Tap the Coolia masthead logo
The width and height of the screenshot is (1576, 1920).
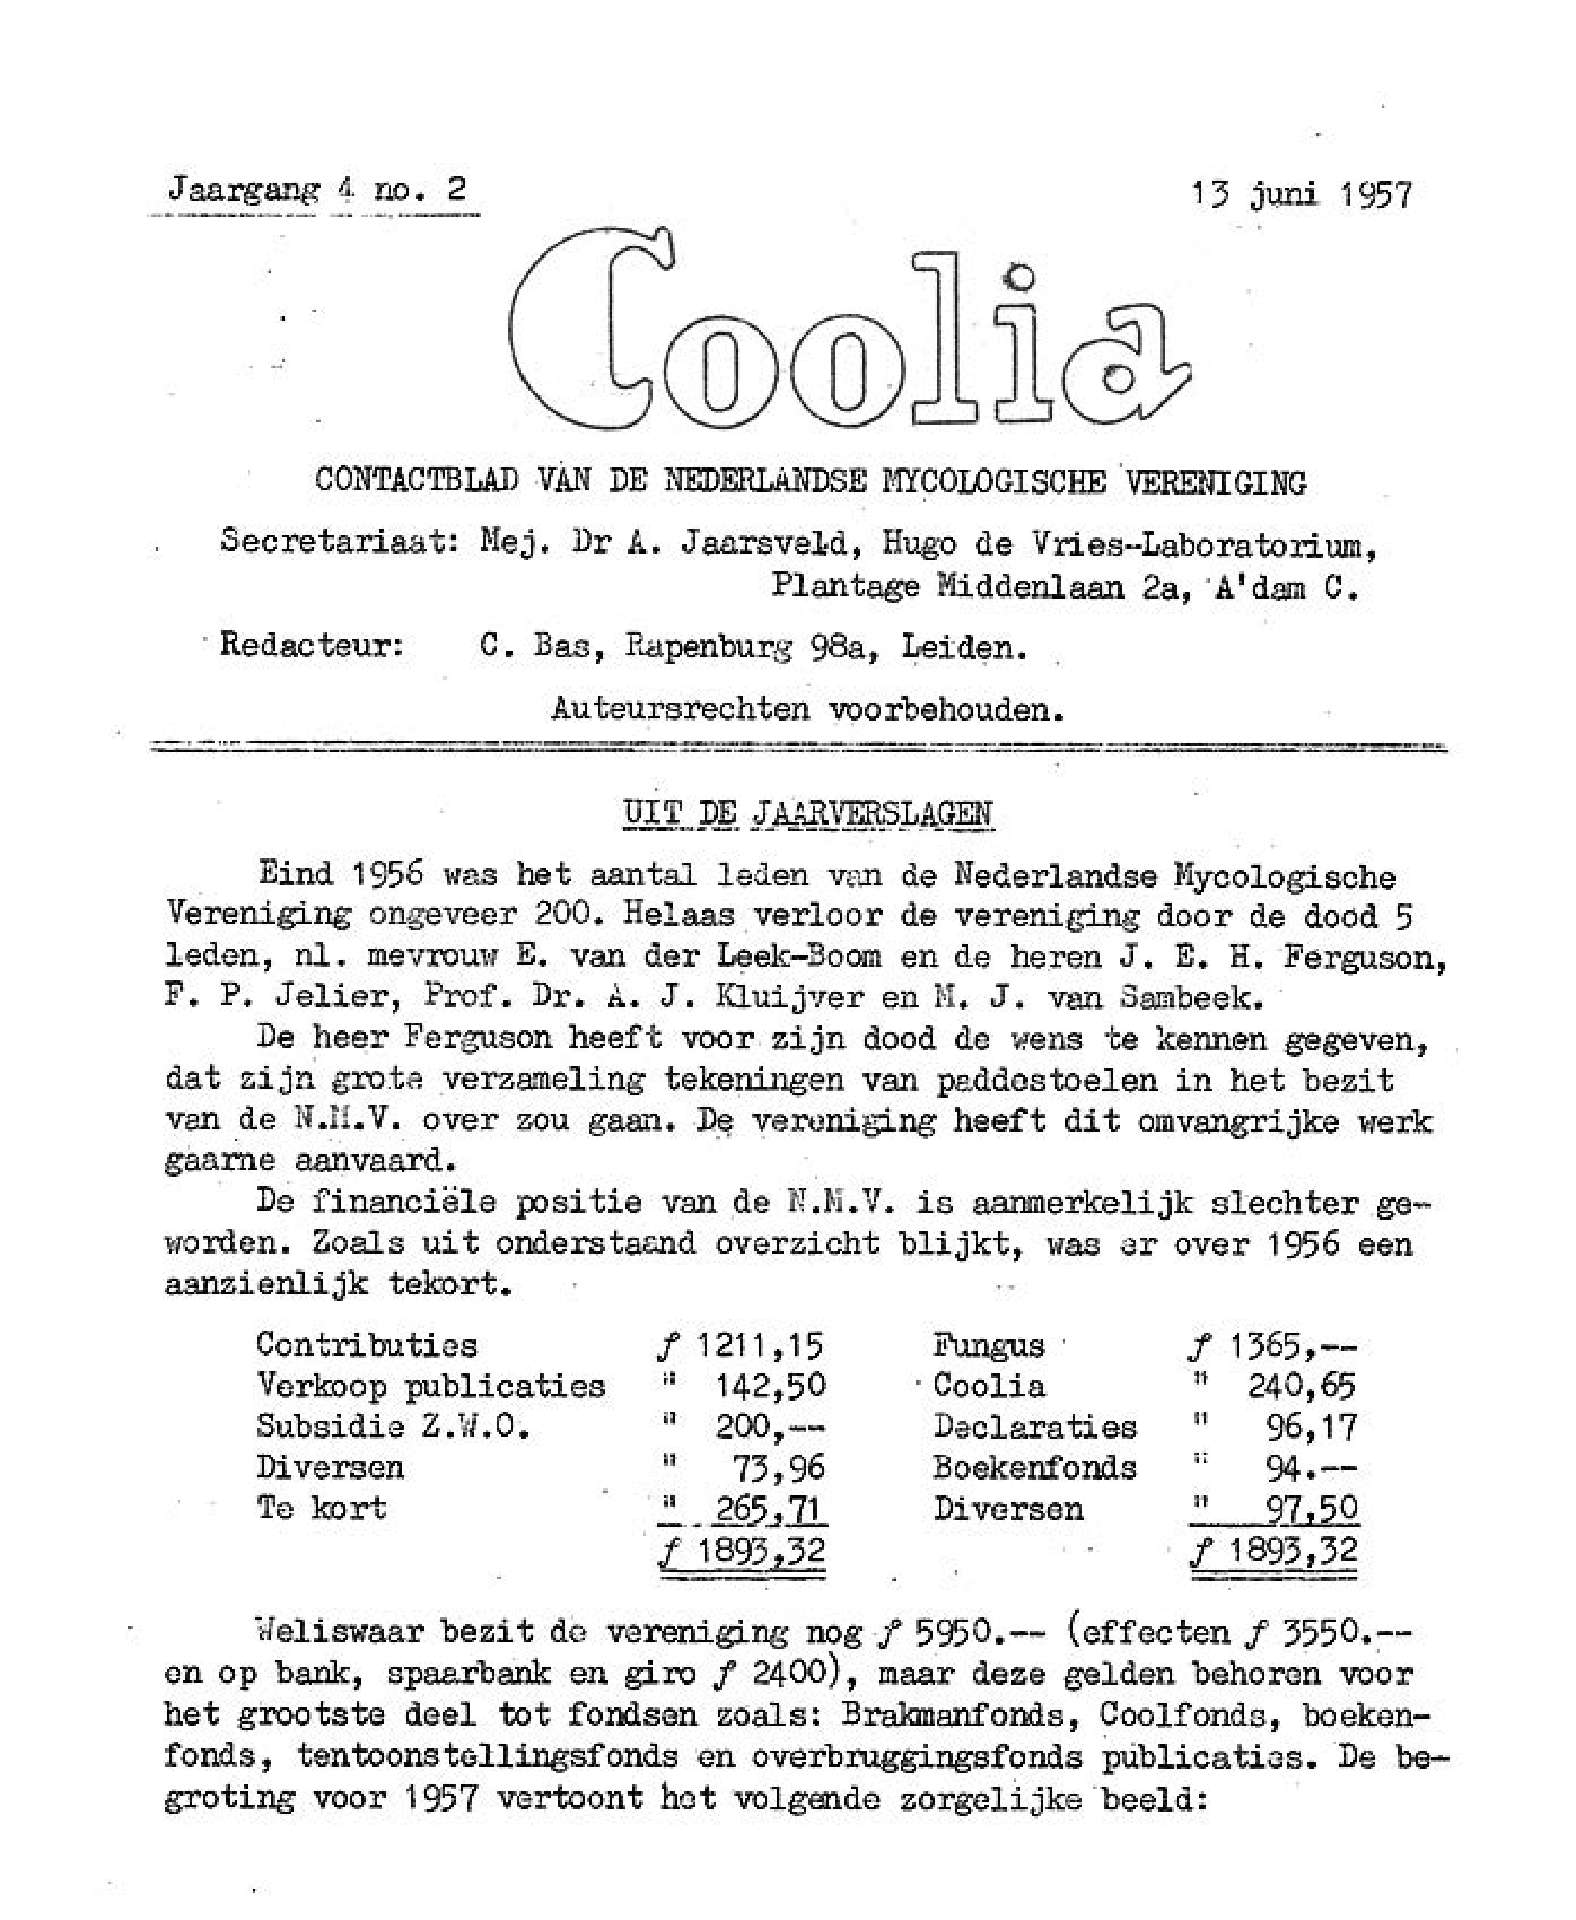(849, 336)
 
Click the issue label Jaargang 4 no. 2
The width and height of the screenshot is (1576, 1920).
(317, 190)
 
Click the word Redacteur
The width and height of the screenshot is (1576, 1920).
(312, 646)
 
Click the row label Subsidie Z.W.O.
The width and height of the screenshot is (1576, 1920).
(392, 1427)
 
